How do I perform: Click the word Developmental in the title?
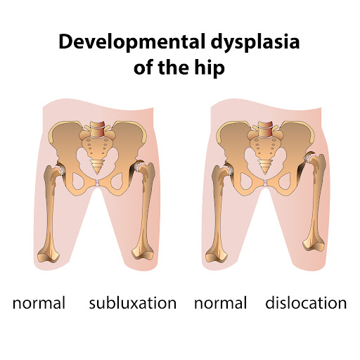(132, 42)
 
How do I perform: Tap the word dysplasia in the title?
(255, 42)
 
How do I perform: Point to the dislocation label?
(306, 302)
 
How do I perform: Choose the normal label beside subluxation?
(39, 304)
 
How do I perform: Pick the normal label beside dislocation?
(221, 304)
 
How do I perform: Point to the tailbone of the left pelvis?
(97, 166)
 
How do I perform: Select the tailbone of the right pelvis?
(265, 166)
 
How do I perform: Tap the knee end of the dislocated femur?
(314, 244)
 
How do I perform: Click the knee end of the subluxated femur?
(143, 252)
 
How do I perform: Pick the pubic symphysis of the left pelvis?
(97, 183)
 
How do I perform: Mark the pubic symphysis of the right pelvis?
(265, 183)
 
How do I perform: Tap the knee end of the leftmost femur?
(49, 255)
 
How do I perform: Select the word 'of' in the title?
(143, 67)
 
